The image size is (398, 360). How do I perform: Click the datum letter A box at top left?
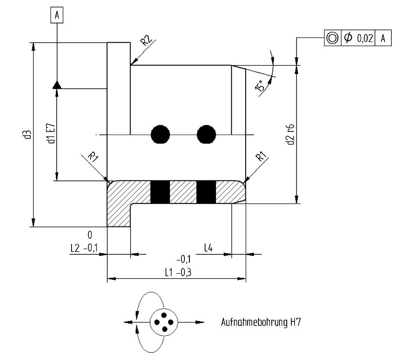click(57, 15)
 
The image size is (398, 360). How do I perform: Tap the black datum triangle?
click(57, 85)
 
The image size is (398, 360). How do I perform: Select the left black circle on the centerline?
click(160, 134)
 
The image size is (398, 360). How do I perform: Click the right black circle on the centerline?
click(206, 134)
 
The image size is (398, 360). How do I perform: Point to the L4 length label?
click(209, 248)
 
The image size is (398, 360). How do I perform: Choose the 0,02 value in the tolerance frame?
click(364, 38)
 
